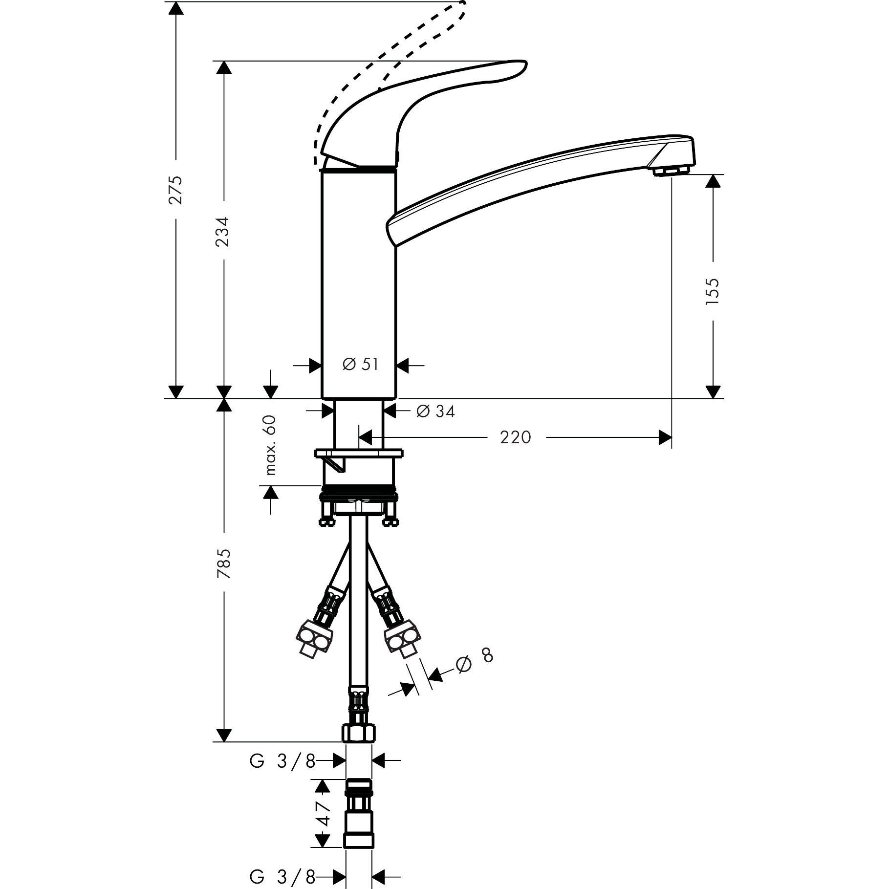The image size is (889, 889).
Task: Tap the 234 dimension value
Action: (x=223, y=231)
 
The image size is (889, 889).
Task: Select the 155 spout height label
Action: (x=713, y=291)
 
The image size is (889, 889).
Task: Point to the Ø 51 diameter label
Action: (x=361, y=364)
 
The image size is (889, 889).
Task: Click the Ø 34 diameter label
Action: (x=435, y=412)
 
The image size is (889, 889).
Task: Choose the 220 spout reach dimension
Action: (x=515, y=437)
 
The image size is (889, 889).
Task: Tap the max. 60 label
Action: (x=270, y=445)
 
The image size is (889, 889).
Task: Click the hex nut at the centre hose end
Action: (x=359, y=746)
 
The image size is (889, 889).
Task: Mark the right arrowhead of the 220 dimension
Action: (x=665, y=437)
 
